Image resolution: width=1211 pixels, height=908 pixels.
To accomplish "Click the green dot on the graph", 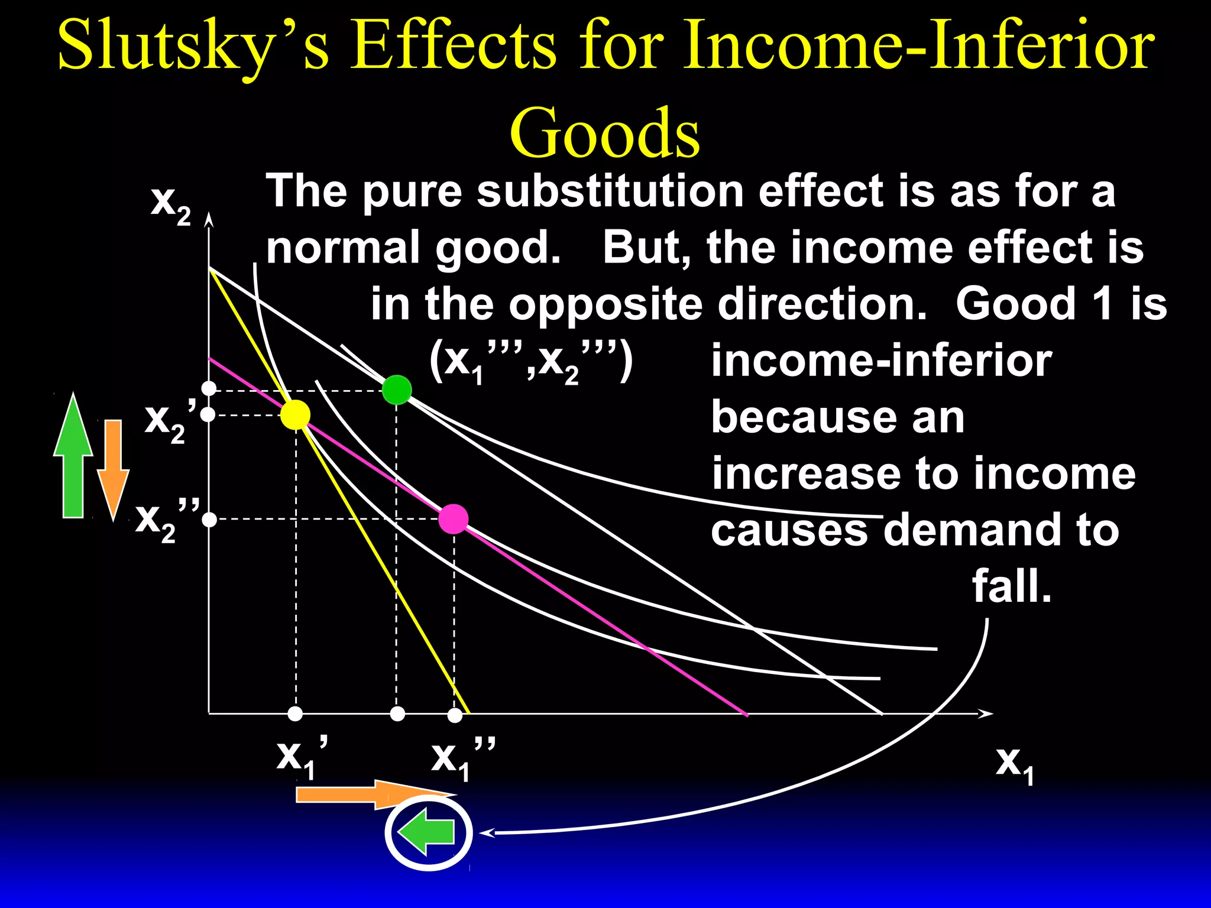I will pyautogui.click(x=396, y=390).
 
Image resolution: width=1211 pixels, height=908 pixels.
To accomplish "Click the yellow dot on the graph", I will pyautogui.click(x=295, y=414).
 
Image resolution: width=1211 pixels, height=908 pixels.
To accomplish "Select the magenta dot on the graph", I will pyautogui.click(x=454, y=520).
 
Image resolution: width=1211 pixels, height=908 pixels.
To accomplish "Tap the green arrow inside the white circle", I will pyautogui.click(x=427, y=832).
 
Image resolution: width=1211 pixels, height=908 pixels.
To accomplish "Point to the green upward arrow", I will pyautogui.click(x=73, y=455).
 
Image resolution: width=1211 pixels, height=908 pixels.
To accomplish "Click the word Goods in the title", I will pyautogui.click(x=604, y=133).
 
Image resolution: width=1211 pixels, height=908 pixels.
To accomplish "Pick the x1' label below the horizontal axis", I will pyautogui.click(x=302, y=757).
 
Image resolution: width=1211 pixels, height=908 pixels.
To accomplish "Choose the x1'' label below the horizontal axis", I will pyautogui.click(x=461, y=758).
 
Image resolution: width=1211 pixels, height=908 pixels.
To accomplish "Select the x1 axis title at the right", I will pyautogui.click(x=1014, y=764).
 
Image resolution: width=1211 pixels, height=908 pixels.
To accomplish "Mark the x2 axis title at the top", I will pyautogui.click(x=170, y=204).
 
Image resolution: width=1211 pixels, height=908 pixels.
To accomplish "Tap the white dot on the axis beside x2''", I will pyautogui.click(x=209, y=520).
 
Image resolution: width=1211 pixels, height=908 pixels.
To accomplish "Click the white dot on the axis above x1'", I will pyautogui.click(x=295, y=714).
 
